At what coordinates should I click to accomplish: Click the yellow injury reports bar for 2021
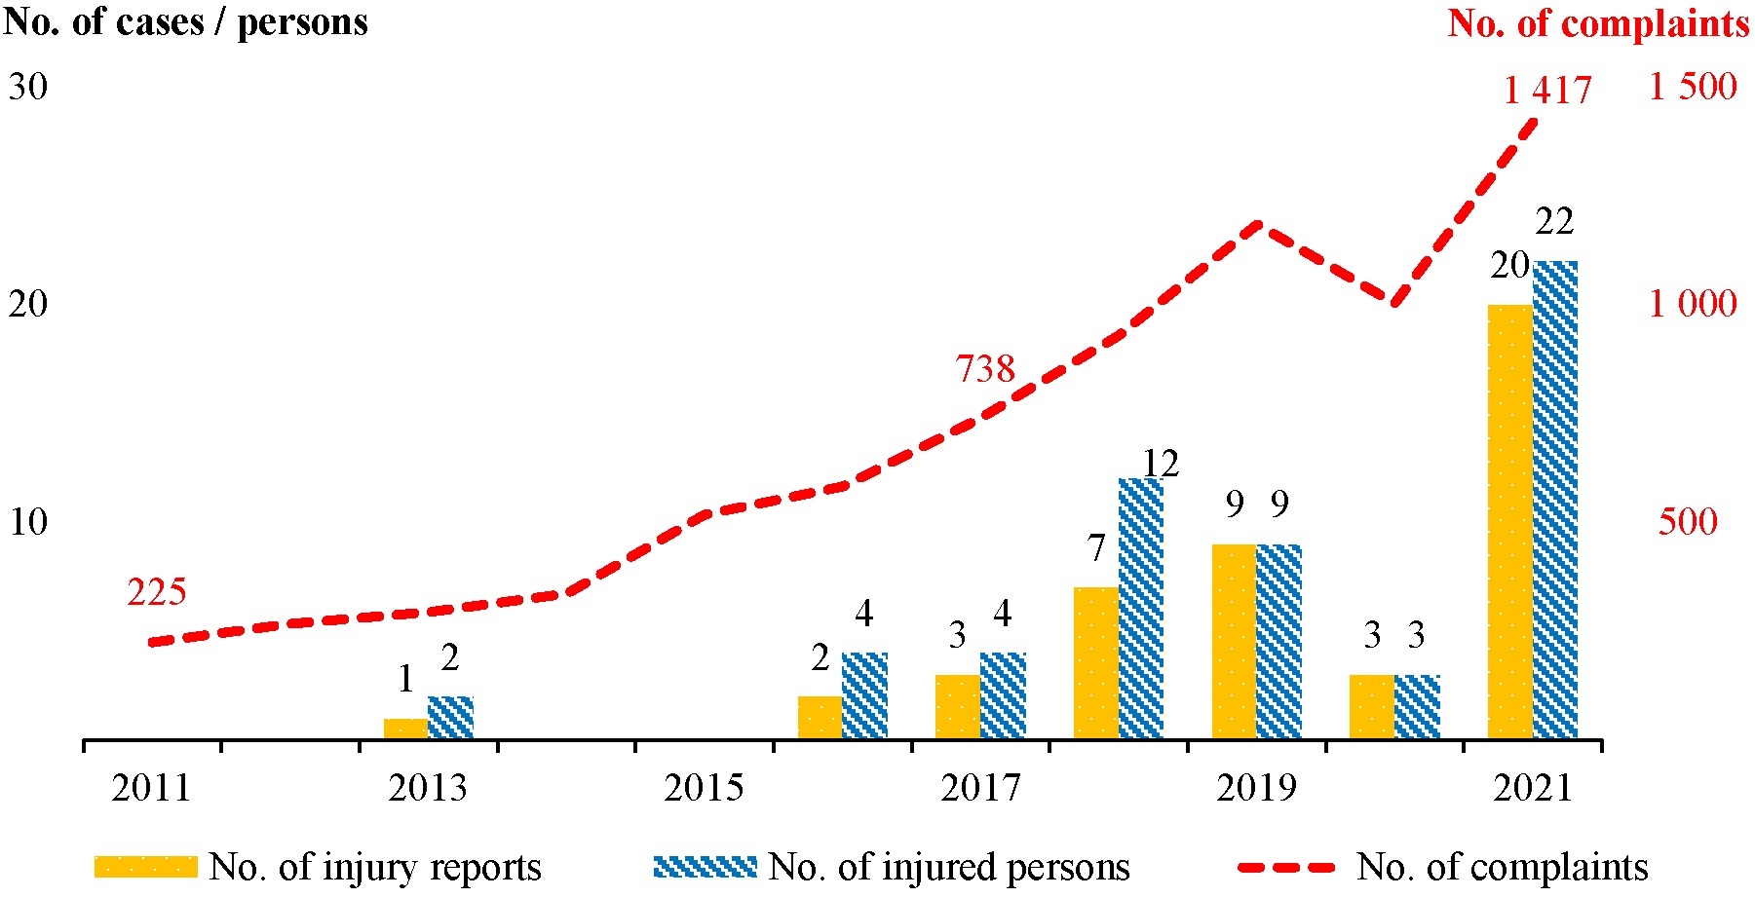point(1509,521)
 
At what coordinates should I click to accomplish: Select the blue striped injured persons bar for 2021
point(1555,500)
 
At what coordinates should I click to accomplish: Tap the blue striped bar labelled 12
point(1141,609)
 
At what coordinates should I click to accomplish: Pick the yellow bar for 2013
point(405,729)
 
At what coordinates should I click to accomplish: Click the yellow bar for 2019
point(1234,641)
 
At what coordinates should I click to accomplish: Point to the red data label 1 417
point(1546,91)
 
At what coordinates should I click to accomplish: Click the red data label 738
point(985,369)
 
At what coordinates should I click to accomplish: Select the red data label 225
point(156,591)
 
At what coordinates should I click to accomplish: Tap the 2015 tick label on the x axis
point(704,787)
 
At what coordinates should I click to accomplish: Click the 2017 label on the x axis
point(979,787)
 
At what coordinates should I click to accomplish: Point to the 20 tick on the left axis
point(27,304)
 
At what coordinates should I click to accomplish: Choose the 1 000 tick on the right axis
point(1692,304)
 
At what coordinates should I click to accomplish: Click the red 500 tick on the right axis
point(1687,521)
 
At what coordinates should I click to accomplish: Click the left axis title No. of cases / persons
point(185,21)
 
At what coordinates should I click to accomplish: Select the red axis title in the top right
point(1598,23)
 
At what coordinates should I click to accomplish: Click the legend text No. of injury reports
point(375,866)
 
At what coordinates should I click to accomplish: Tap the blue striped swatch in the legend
point(705,866)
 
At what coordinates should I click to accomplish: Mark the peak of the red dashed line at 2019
point(1257,226)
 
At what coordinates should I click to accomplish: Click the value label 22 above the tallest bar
point(1554,222)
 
